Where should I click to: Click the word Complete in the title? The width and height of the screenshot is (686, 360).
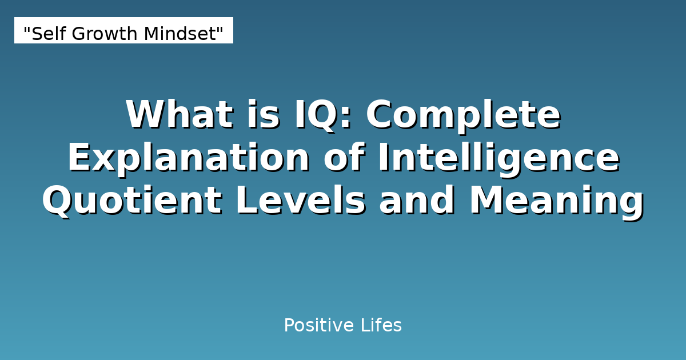(x=463, y=114)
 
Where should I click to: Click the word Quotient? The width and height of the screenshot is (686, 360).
(x=131, y=201)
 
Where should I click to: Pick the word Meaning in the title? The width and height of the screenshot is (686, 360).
(x=556, y=201)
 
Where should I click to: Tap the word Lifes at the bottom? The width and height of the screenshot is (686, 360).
(x=381, y=326)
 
